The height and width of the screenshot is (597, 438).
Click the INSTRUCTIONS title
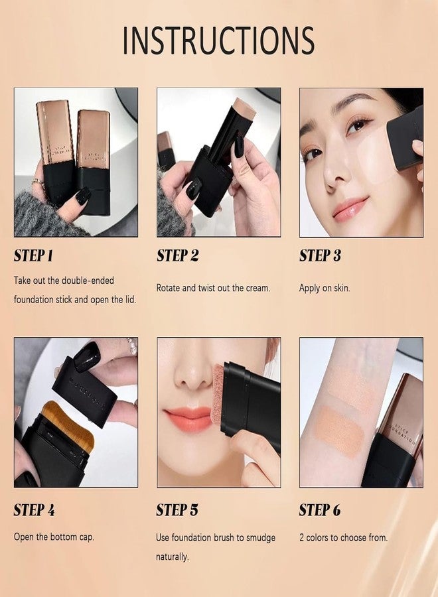pyautogui.click(x=218, y=40)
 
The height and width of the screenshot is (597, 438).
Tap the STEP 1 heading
pyautogui.click(x=34, y=256)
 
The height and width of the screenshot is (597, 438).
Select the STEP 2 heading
pyautogui.click(x=177, y=256)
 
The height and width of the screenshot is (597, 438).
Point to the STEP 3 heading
pyautogui.click(x=321, y=256)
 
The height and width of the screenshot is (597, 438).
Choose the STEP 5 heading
pyautogui.click(x=177, y=510)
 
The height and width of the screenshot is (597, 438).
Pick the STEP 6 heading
pyautogui.click(x=321, y=510)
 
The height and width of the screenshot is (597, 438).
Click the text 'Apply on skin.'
pyautogui.click(x=325, y=288)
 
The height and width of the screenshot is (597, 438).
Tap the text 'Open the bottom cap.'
pyautogui.click(x=54, y=536)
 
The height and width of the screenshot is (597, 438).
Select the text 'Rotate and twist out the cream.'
pyautogui.click(x=213, y=288)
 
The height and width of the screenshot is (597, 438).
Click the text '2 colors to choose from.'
pyautogui.click(x=343, y=537)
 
